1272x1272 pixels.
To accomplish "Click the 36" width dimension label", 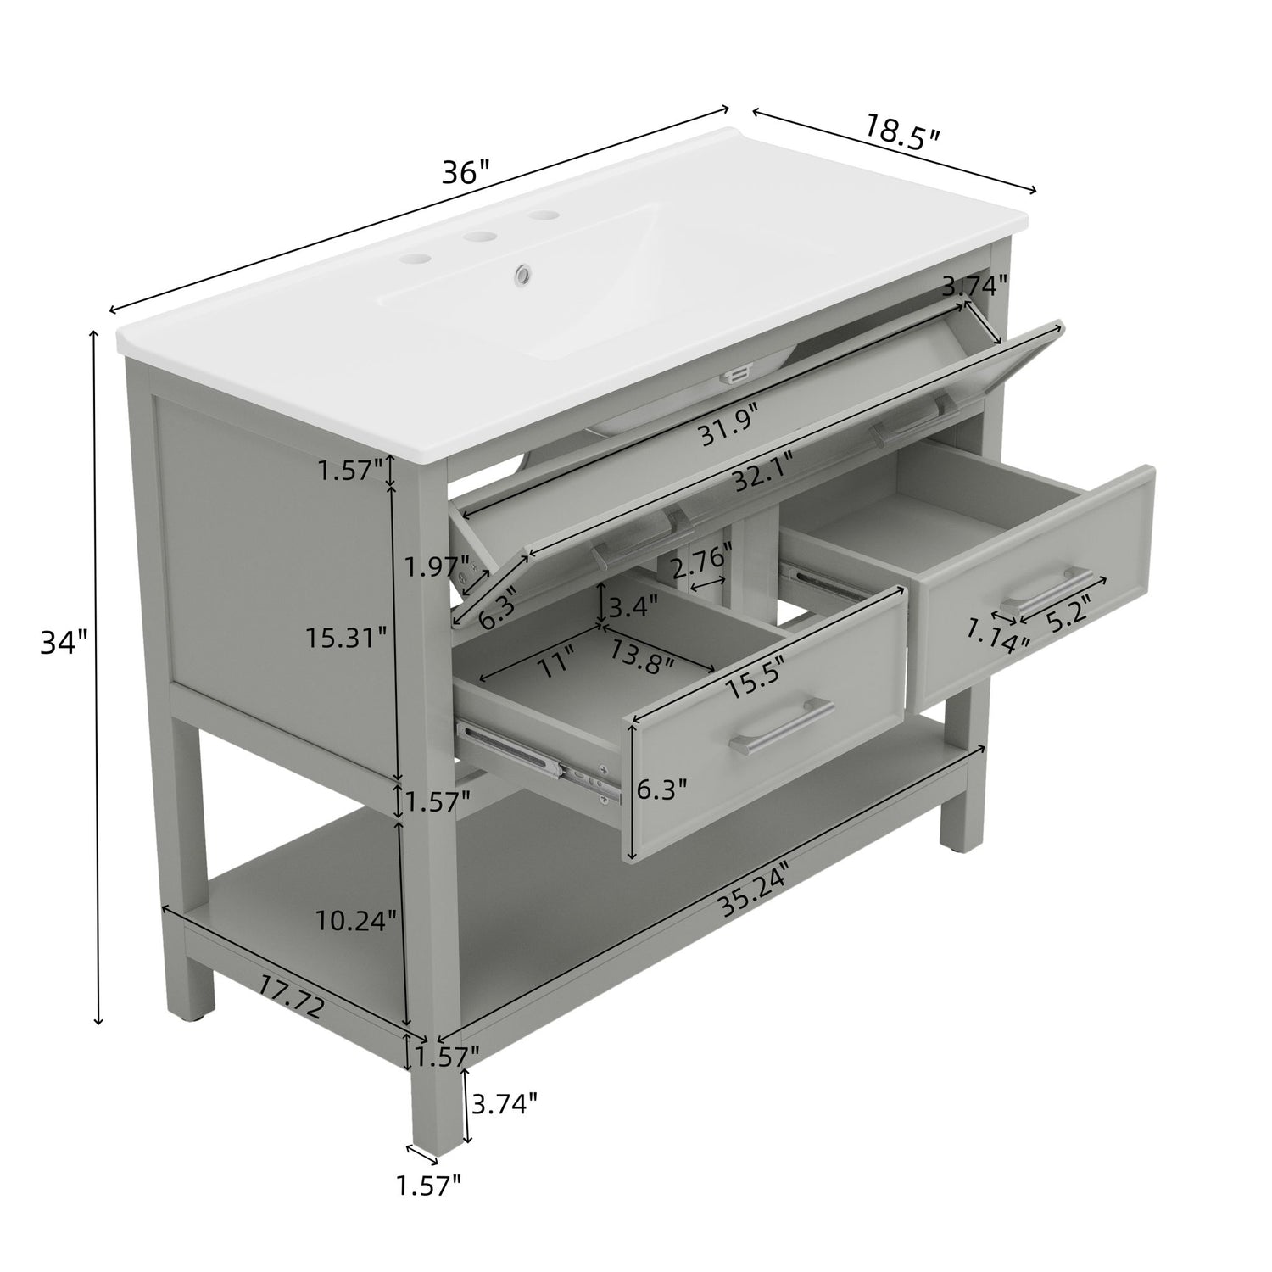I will coord(466,173).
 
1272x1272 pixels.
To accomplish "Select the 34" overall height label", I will coord(64,642).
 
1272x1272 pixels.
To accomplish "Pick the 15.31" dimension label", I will coord(347,636).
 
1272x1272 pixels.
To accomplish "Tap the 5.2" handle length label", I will coord(1068,609).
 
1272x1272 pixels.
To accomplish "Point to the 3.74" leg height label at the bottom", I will coord(504,1103).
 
